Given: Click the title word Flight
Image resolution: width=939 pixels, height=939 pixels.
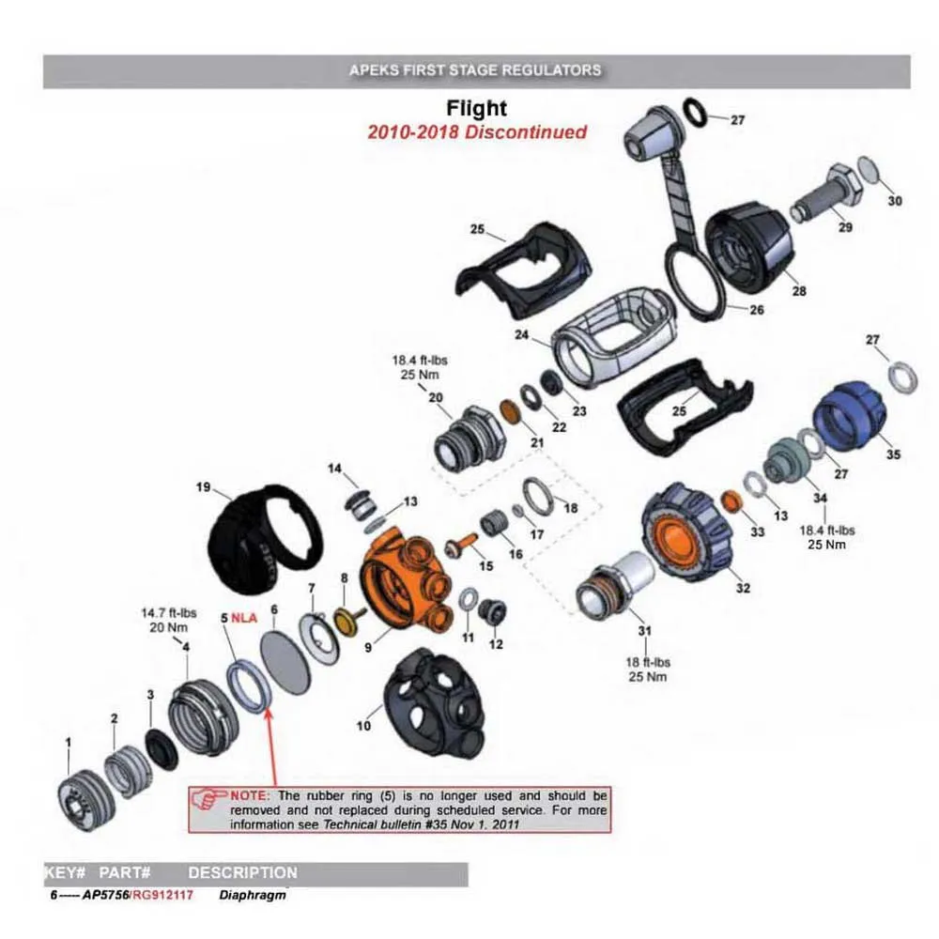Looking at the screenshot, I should pos(477,109).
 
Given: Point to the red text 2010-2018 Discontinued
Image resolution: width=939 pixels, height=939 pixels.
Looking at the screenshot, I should pos(477,131).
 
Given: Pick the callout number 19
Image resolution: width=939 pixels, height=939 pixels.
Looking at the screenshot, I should pos(202,487).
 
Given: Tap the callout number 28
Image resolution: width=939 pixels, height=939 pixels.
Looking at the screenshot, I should pos(799,291).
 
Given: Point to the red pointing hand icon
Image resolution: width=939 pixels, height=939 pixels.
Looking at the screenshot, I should pos(206,799).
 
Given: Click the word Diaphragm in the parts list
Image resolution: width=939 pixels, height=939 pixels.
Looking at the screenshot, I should pos(253,895).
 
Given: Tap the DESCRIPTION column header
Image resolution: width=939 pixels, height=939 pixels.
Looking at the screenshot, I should pos(242,872).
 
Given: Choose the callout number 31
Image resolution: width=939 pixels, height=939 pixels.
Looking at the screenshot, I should pos(643,629).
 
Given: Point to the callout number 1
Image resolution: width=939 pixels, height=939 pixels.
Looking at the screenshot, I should pos(67,743).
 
